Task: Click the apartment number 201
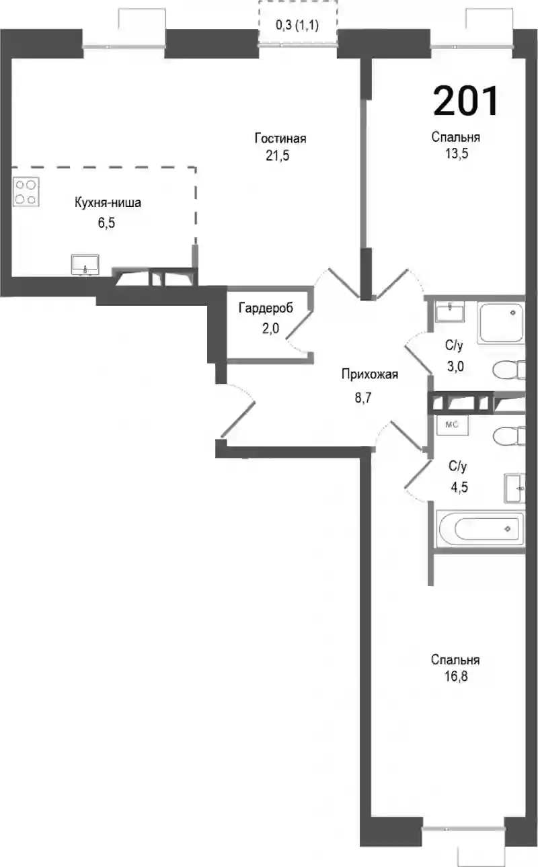coord(465,101)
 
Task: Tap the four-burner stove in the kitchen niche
coord(26,192)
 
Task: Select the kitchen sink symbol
coord(85,265)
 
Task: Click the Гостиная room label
coord(280,138)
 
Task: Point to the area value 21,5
coord(277,156)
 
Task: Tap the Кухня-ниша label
coord(108,202)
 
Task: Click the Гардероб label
coord(266,308)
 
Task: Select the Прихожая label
coord(369,374)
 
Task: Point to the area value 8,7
coord(363,397)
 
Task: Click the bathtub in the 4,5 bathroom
coord(481,529)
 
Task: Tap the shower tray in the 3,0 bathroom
coord(501,323)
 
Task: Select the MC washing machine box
coord(452,425)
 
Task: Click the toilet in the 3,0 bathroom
coord(509,370)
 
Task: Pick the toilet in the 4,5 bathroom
coord(509,436)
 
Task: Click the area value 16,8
coord(456,676)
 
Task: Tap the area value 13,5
coord(456,154)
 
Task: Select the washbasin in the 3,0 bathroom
coord(450,312)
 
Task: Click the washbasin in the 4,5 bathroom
coord(514,489)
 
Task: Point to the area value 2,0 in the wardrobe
coord(270,329)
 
